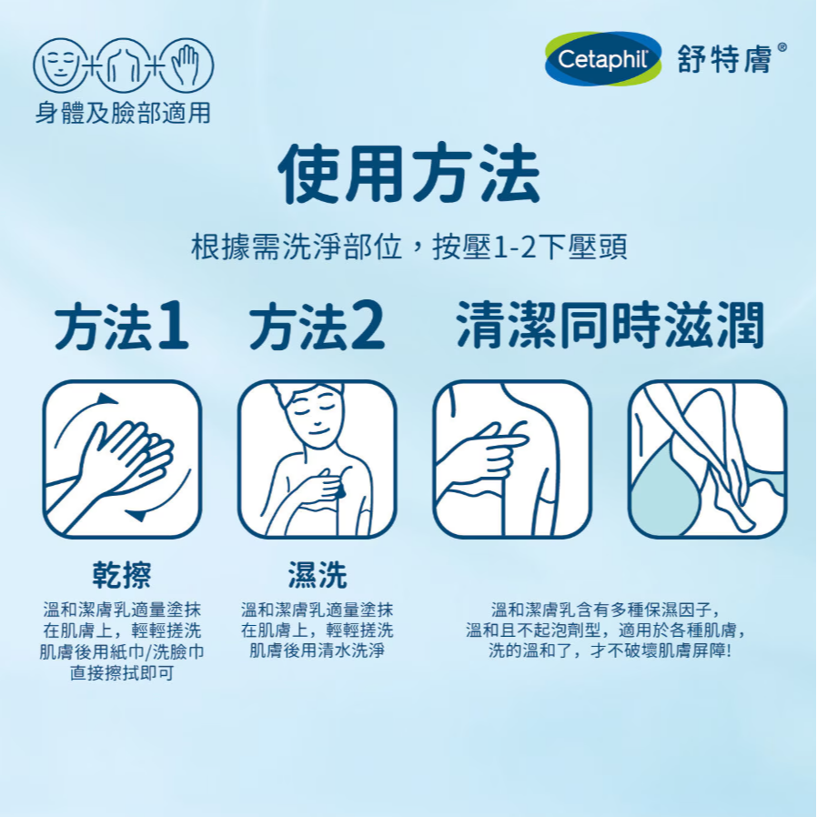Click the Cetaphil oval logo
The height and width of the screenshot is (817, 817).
pyautogui.click(x=602, y=61)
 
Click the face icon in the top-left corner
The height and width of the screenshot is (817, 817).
pyautogui.click(x=57, y=66)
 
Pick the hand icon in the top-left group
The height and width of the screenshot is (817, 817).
pyautogui.click(x=188, y=66)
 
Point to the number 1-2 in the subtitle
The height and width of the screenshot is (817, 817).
pyautogui.click(x=514, y=247)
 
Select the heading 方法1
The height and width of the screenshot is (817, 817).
pyautogui.click(x=122, y=328)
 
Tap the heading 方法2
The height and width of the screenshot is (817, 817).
pyautogui.click(x=317, y=328)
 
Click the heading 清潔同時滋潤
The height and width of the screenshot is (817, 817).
pyautogui.click(x=610, y=327)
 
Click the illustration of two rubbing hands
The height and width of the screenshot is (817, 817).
pyautogui.click(x=122, y=459)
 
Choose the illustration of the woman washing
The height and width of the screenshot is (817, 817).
pyautogui.click(x=317, y=459)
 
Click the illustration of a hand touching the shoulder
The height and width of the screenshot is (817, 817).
pyautogui.click(x=511, y=459)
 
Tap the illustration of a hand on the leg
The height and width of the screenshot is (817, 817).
pyautogui.click(x=707, y=459)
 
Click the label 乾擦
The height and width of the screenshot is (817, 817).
pyautogui.click(x=122, y=575)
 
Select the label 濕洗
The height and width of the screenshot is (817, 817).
pyautogui.click(x=317, y=575)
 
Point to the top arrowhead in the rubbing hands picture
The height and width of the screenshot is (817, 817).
pyautogui.click(x=107, y=399)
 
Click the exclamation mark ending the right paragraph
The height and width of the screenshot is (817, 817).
pyautogui.click(x=729, y=651)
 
